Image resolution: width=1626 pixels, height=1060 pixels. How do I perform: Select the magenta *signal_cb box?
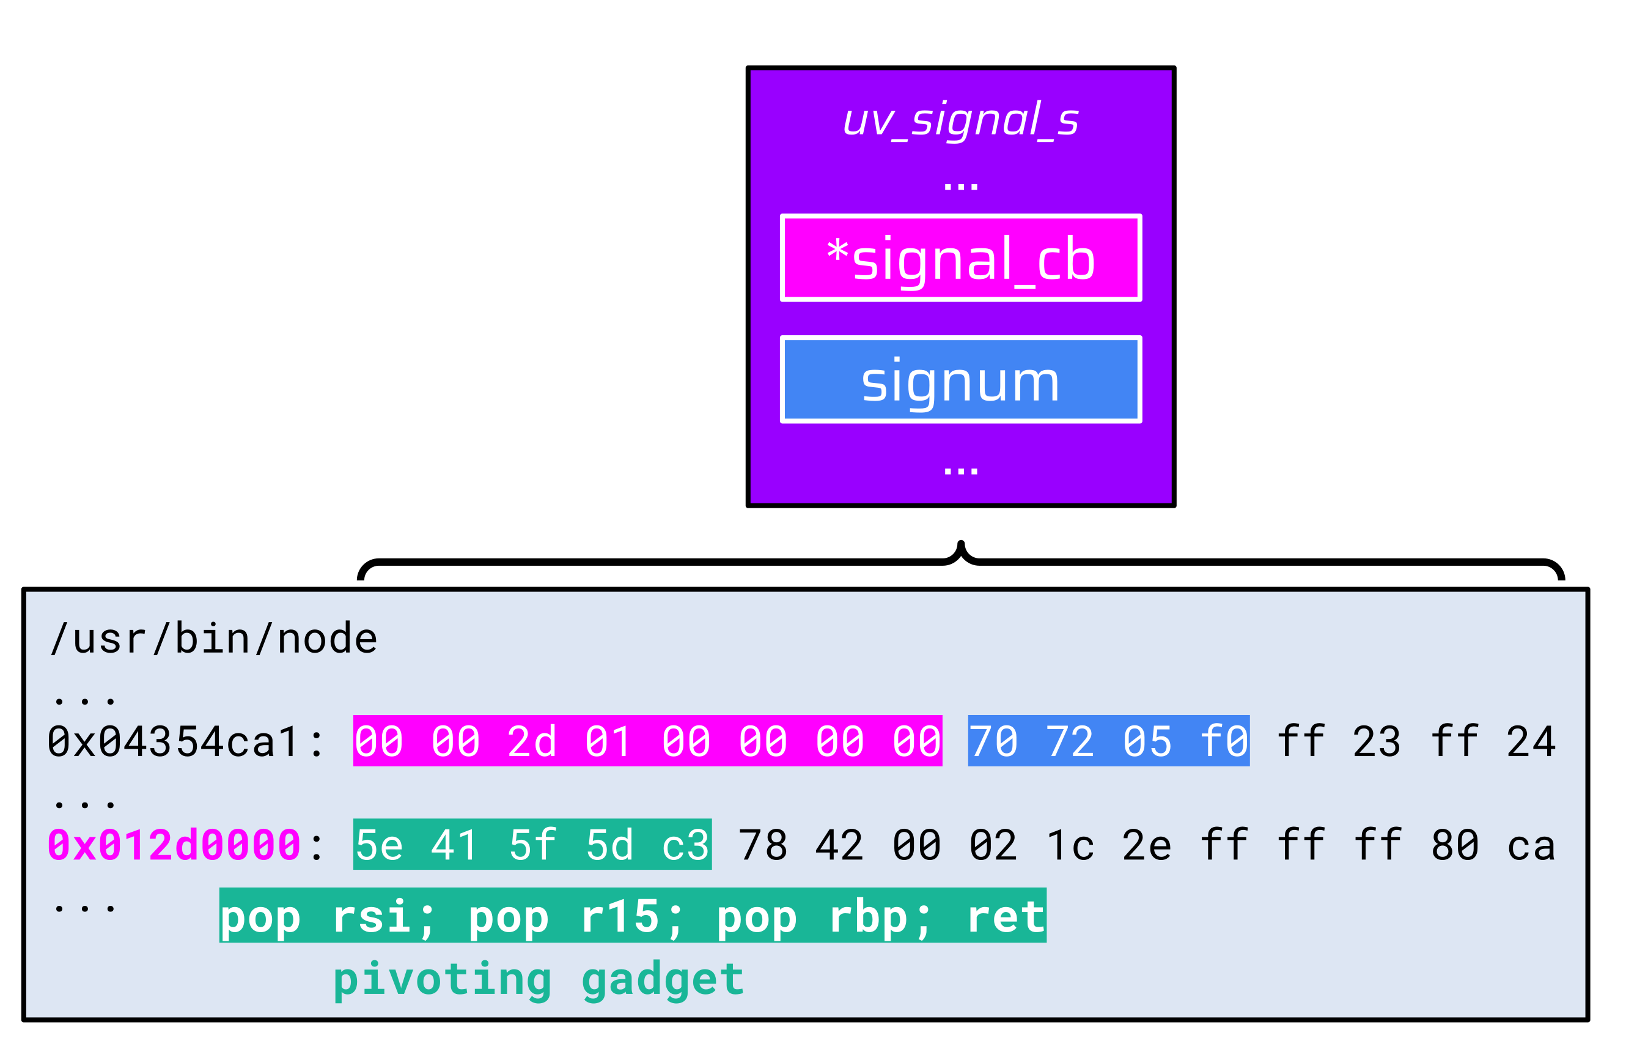pos(960,258)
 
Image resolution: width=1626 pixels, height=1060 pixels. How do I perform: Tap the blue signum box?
pos(960,379)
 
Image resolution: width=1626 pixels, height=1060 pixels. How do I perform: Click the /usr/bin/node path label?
pos(214,639)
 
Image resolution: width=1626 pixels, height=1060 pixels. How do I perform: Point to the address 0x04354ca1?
pos(174,741)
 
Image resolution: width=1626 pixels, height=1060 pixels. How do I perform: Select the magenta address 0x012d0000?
pos(174,845)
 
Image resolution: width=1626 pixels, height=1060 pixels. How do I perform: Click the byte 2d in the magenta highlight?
pos(532,741)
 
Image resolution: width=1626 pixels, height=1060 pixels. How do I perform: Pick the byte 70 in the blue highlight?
pos(993,741)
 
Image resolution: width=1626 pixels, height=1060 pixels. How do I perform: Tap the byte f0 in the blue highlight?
pos(1224,741)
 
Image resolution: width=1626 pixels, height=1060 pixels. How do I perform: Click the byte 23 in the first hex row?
pos(1377,741)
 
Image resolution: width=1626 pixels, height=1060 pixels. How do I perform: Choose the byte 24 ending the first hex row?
pos(1531,741)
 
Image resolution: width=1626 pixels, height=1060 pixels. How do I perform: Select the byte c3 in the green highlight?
pos(685,845)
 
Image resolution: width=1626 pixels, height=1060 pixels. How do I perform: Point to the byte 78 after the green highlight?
pos(763,845)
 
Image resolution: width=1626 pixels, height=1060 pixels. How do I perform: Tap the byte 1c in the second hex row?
pos(1070,845)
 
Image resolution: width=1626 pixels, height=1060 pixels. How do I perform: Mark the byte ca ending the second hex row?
pos(1531,845)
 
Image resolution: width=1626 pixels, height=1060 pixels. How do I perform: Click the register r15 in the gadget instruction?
pos(619,916)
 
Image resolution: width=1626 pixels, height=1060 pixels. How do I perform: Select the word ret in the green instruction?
pos(1006,916)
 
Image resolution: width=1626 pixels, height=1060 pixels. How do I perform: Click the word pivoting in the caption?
pos(442,979)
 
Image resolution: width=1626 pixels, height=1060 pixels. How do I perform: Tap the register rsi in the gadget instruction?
pos(371,916)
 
